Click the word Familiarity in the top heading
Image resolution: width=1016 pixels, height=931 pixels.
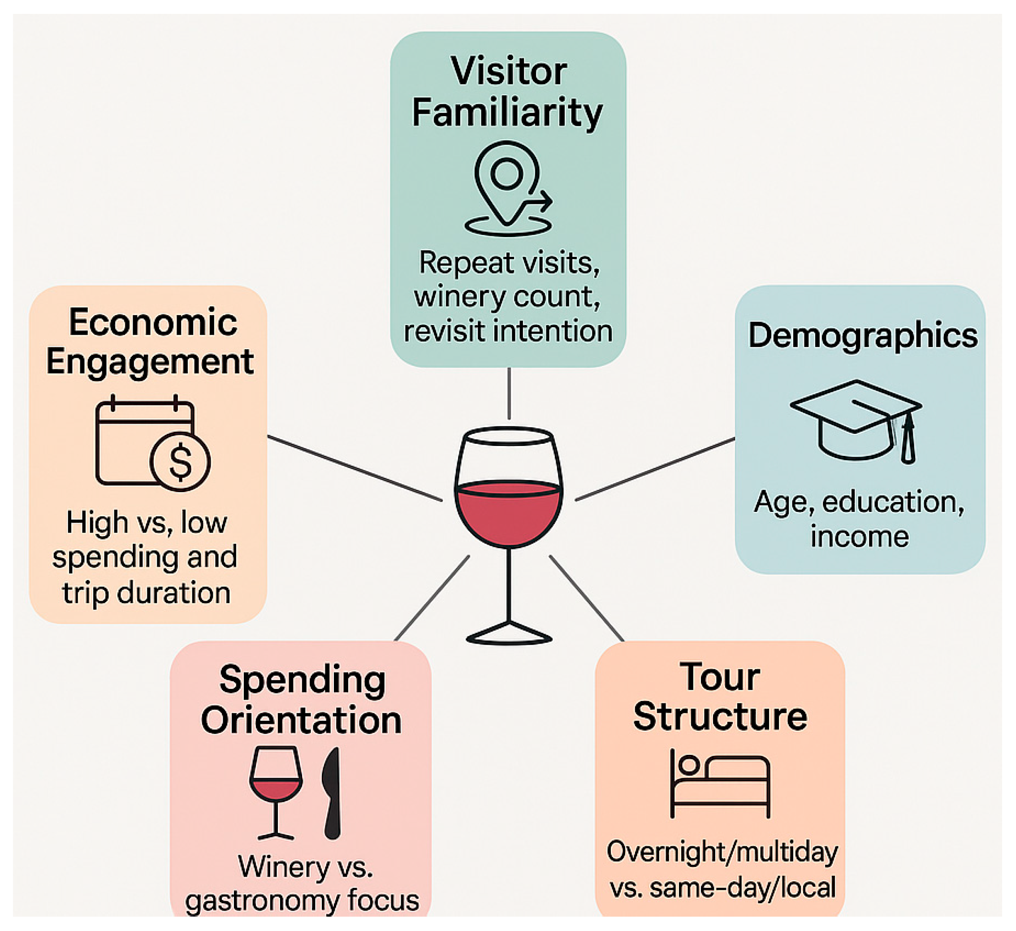click(507, 113)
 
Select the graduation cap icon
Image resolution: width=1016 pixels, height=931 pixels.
click(856, 421)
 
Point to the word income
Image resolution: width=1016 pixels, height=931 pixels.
click(860, 536)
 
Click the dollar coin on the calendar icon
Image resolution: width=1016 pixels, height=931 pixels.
click(180, 462)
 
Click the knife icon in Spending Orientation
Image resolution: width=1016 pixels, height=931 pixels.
click(332, 793)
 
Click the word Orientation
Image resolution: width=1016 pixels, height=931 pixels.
click(301, 720)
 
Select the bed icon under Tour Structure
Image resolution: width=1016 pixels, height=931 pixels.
click(720, 784)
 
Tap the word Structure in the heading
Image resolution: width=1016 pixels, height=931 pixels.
click(720, 717)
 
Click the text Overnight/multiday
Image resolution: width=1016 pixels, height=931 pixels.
click(722, 852)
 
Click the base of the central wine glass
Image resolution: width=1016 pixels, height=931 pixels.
click(509, 635)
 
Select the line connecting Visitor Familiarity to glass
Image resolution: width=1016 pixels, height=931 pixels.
click(509, 393)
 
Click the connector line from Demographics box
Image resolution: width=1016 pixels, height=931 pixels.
click(655, 469)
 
